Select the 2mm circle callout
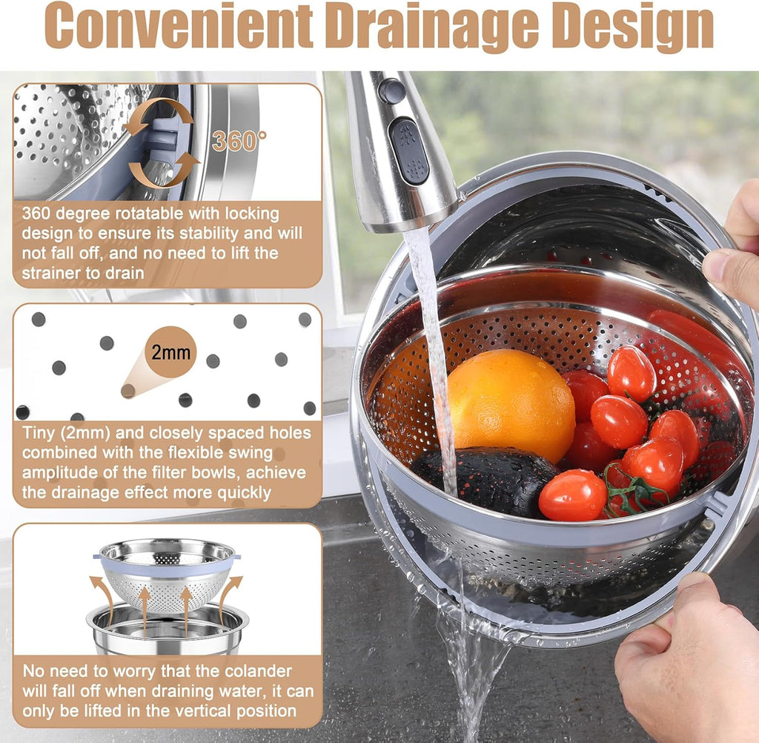(171, 352)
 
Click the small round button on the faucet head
(392, 90)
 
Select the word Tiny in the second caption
(41, 433)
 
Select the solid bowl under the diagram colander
(168, 630)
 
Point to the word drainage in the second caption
(70, 492)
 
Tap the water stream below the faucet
(434, 334)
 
